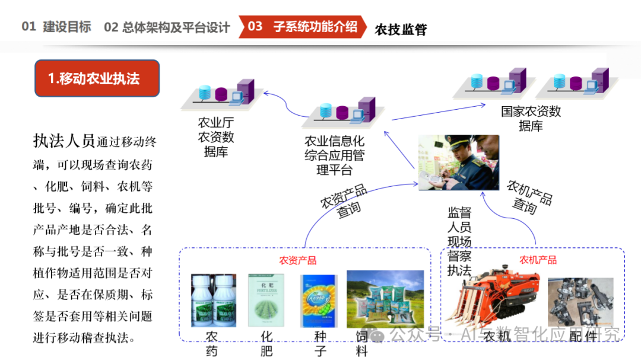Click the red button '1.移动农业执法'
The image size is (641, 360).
tap(97, 78)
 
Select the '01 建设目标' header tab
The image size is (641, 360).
tap(56, 27)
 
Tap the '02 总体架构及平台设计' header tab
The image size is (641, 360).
tap(167, 27)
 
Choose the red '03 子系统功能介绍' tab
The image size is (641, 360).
tap(303, 27)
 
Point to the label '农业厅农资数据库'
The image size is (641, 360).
tap(215, 137)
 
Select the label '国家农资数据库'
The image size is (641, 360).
tap(531, 119)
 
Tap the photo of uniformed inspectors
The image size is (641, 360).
tap(459, 162)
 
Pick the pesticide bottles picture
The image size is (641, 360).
tap(214, 300)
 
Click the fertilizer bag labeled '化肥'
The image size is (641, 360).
tap(266, 300)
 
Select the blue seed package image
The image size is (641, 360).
tap(319, 301)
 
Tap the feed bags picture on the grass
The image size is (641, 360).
tap(385, 300)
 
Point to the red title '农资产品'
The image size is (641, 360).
tap(298, 260)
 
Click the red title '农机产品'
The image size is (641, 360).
tap(538, 260)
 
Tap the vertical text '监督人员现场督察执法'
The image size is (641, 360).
tap(459, 242)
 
